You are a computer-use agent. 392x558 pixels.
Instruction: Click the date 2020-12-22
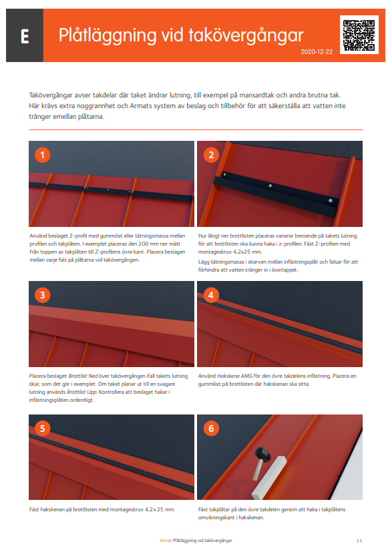(316, 51)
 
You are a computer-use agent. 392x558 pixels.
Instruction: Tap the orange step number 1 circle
(43, 156)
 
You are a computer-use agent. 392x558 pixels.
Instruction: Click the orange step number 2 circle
(211, 156)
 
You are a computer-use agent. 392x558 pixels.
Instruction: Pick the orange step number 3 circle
(43, 295)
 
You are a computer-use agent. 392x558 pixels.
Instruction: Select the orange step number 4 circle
(211, 295)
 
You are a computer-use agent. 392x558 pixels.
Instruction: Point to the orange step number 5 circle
(43, 429)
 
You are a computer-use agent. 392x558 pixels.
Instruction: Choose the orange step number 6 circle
(211, 429)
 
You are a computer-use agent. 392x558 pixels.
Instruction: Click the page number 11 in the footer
(359, 540)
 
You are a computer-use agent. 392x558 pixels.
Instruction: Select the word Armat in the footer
(166, 540)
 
